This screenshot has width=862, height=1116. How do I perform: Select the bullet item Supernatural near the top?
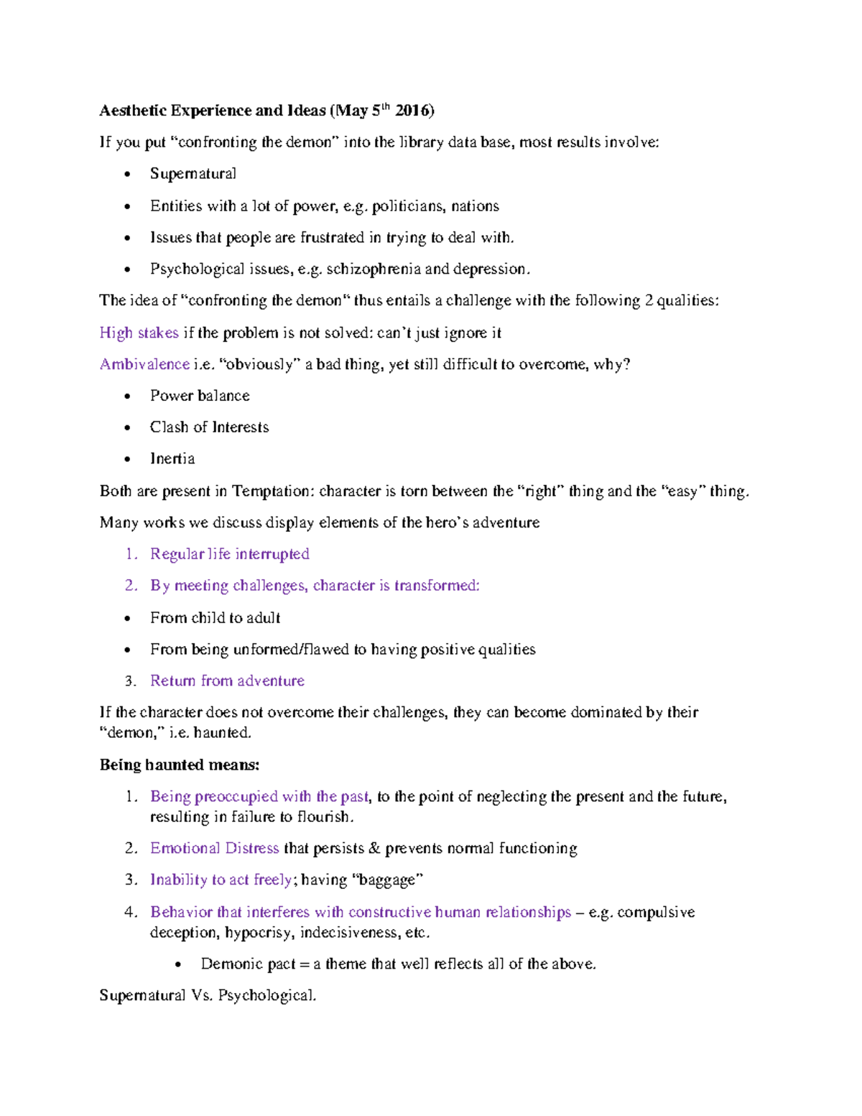tap(193, 174)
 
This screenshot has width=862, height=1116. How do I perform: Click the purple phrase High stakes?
tap(139, 333)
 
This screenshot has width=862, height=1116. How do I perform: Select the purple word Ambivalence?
tap(144, 364)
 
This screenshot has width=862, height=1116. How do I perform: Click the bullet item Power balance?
tap(200, 396)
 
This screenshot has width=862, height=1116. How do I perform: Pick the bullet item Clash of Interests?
tap(209, 428)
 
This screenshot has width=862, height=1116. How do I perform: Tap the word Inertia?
tap(172, 459)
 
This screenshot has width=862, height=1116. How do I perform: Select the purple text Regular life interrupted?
tap(229, 554)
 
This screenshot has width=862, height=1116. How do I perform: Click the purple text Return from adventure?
tap(227, 681)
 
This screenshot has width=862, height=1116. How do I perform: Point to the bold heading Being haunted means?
tap(180, 765)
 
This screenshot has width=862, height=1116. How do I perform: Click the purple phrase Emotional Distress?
tap(214, 849)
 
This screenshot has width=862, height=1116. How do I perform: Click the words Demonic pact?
tap(248, 964)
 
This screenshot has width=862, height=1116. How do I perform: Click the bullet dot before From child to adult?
tap(128, 618)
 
